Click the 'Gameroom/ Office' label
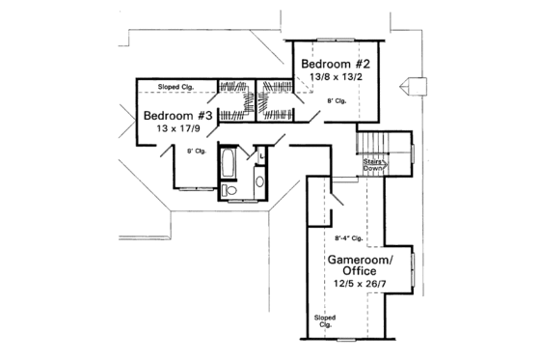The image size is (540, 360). pyautogui.click(x=353, y=265)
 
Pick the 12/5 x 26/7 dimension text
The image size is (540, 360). pyautogui.click(x=353, y=286)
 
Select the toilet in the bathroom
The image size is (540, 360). pyautogui.click(x=229, y=192)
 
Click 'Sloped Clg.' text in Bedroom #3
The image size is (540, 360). pyautogui.click(x=174, y=87)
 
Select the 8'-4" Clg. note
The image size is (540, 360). pyautogui.click(x=347, y=236)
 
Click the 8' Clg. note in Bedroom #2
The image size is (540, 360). pyautogui.click(x=337, y=100)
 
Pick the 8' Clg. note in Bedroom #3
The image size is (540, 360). pyautogui.click(x=197, y=150)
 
